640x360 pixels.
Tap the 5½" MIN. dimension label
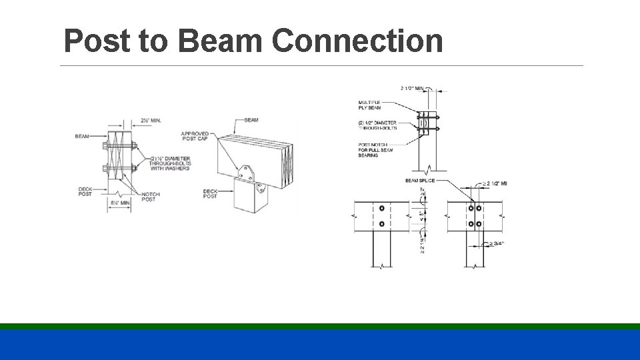(120, 202)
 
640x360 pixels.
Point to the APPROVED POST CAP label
(195, 136)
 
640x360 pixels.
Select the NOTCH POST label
(151, 197)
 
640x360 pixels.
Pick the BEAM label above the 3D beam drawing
(251, 120)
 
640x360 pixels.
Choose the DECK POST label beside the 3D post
(210, 194)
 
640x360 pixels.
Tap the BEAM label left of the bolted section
(82, 137)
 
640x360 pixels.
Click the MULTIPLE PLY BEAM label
(369, 105)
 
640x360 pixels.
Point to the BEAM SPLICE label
(420, 181)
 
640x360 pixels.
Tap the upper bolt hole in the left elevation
(381, 209)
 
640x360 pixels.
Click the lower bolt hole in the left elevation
(381, 224)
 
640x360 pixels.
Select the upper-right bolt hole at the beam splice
(479, 209)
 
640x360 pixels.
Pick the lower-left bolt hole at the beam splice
(471, 224)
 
